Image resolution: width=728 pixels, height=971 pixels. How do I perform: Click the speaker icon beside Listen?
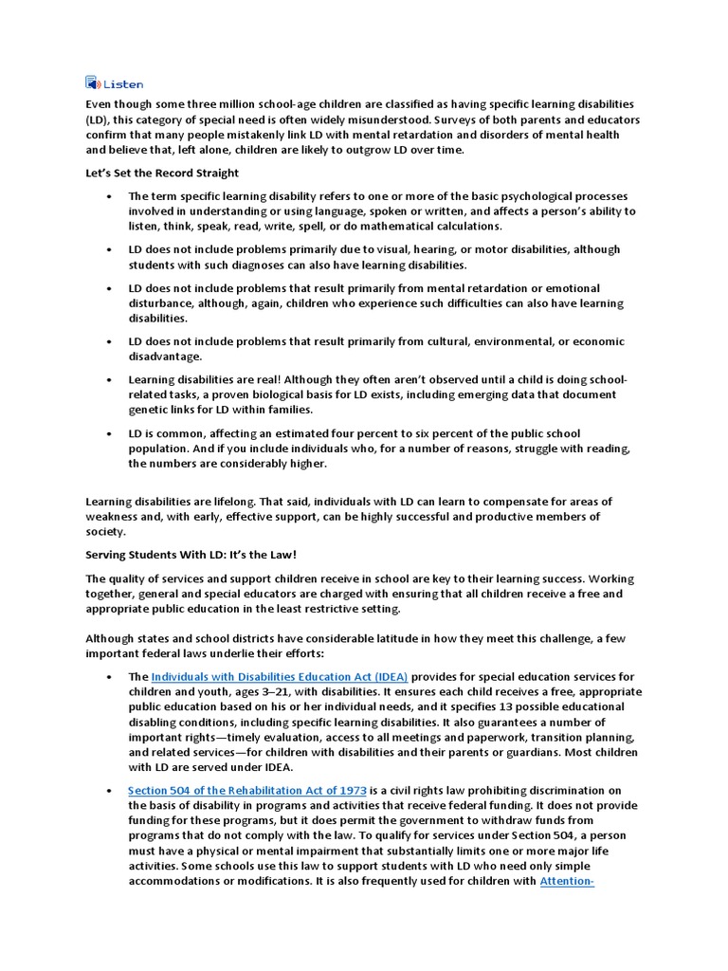[92, 82]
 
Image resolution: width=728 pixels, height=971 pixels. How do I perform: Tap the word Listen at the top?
[123, 83]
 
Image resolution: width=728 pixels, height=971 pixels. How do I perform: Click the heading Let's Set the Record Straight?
[162, 173]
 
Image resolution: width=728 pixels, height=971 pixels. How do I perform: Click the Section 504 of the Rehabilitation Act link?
[246, 792]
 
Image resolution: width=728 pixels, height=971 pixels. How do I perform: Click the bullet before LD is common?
[108, 433]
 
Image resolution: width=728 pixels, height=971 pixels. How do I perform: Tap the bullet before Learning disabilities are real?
[108, 379]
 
